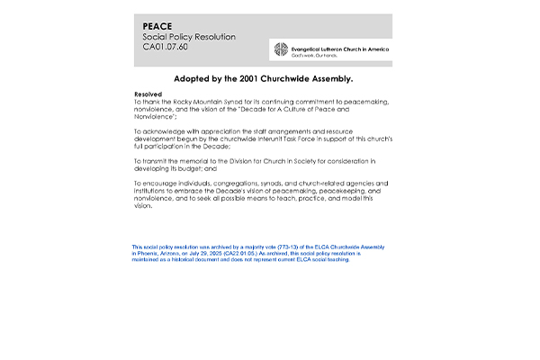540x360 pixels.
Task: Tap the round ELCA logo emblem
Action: click(x=281, y=50)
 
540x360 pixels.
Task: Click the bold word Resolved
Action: click(x=148, y=94)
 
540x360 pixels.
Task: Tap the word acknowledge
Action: click(x=164, y=130)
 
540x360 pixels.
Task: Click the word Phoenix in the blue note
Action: click(x=148, y=254)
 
